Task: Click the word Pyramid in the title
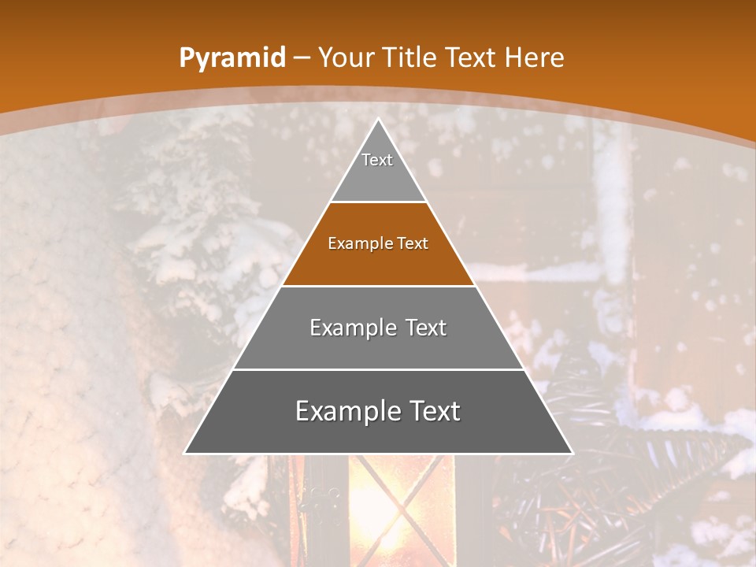(x=232, y=58)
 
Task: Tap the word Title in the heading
(x=409, y=58)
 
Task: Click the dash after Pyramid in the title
(x=302, y=58)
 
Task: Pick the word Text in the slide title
(x=472, y=58)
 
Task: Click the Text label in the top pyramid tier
(x=377, y=160)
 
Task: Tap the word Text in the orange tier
(x=413, y=244)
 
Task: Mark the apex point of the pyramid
(x=378, y=120)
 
